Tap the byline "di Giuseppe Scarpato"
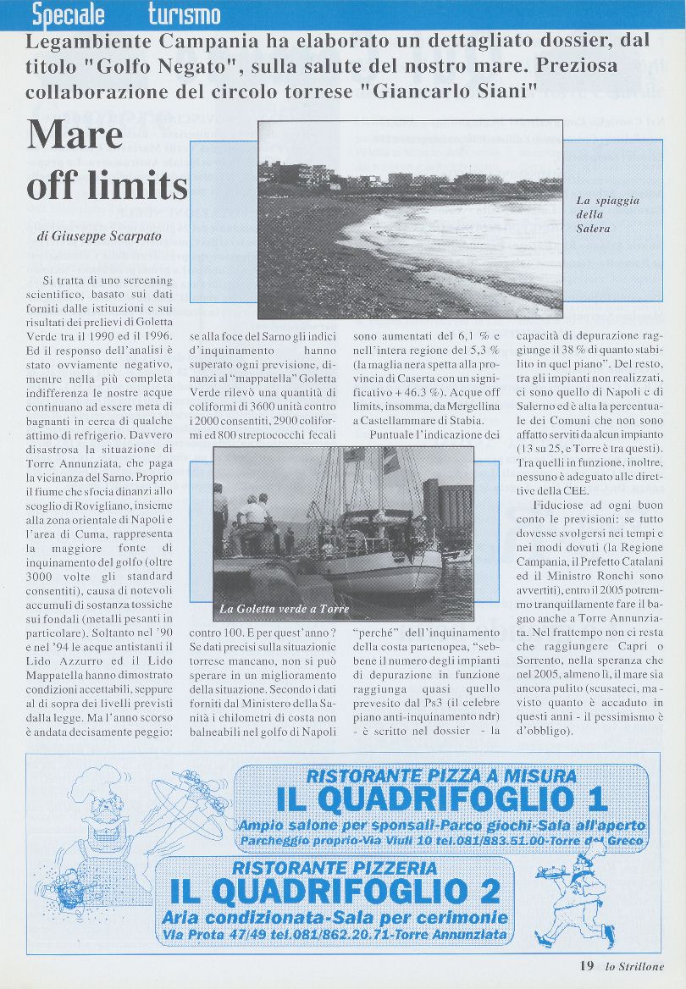point(98,237)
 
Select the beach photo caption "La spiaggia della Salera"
point(607,214)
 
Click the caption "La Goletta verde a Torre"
point(284,609)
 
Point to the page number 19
point(587,966)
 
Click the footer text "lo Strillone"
point(635,966)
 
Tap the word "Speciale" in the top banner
point(69,14)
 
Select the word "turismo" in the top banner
point(184,14)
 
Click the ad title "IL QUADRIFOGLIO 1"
point(441,798)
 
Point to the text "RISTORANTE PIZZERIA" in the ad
point(335,868)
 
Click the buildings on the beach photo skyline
point(339,176)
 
